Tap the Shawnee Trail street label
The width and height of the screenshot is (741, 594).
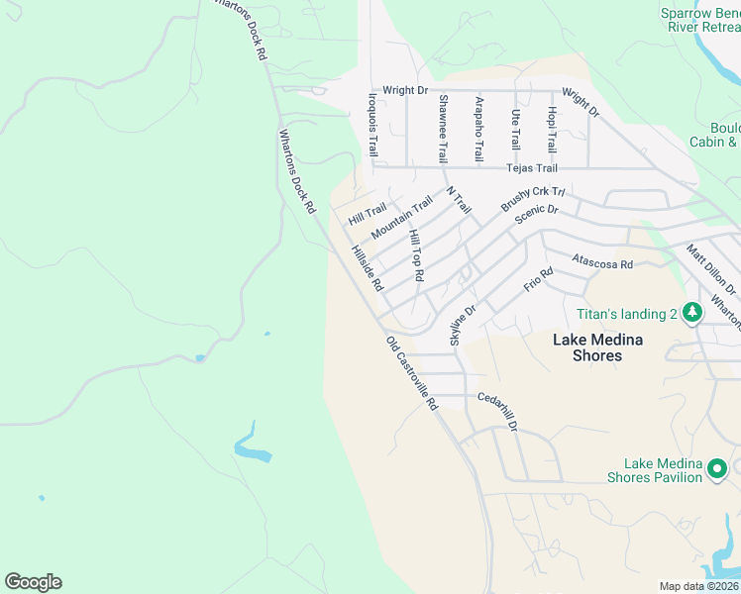pos(443,129)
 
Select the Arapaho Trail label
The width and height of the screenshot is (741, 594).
pos(478,130)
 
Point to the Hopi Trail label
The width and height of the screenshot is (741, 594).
pos(552,129)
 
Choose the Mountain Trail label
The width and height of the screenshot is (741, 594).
pos(401,218)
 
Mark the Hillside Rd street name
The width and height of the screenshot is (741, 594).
pos(368,267)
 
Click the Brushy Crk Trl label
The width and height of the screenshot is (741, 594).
pos(532,198)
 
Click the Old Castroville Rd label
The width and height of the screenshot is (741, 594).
pos(412,373)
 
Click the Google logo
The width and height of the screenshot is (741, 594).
pos(33,582)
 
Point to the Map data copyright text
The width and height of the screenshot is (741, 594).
pos(699,586)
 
